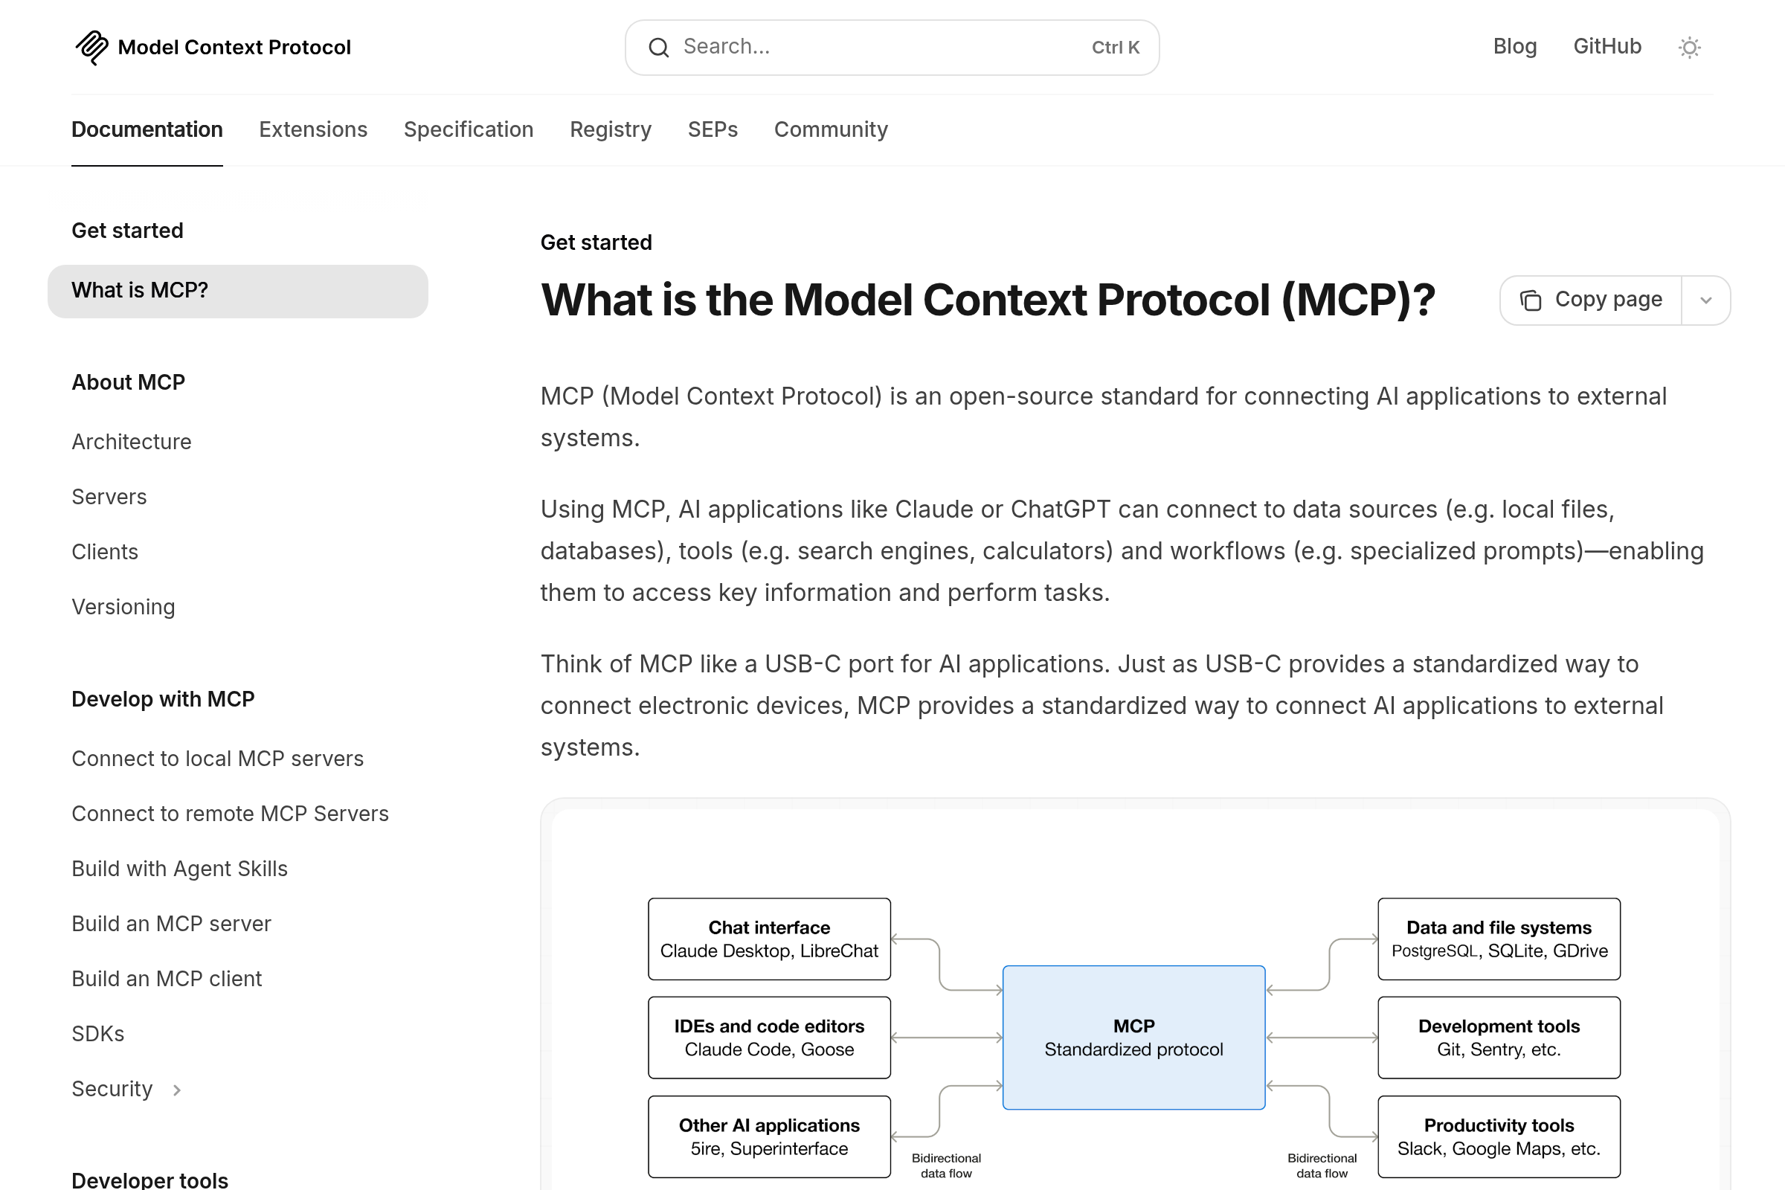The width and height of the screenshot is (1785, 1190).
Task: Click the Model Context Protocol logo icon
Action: pyautogui.click(x=91, y=47)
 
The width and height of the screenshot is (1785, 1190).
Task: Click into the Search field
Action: pyautogui.click(x=881, y=47)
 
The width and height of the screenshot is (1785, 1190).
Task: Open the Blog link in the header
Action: pyautogui.click(x=1514, y=47)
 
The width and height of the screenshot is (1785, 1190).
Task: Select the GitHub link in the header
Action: pyautogui.click(x=1606, y=47)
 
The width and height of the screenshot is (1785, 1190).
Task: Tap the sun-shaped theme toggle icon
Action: pyautogui.click(x=1688, y=48)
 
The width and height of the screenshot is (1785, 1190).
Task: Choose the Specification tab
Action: pyautogui.click(x=469, y=129)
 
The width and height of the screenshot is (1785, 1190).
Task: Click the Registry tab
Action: pyautogui.click(x=610, y=129)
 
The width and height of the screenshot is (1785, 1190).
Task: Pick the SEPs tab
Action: pyautogui.click(x=712, y=129)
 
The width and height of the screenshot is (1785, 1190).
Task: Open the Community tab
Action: pyautogui.click(x=830, y=129)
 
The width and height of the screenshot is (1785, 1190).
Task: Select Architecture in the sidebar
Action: pyautogui.click(x=132, y=442)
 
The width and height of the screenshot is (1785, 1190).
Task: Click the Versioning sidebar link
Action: pyautogui.click(x=123, y=607)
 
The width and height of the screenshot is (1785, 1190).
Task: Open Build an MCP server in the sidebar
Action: pyautogui.click(x=171, y=924)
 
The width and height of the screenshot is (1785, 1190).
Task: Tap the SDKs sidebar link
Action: pyautogui.click(x=98, y=1034)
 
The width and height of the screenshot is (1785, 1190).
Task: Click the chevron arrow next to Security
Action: pyautogui.click(x=177, y=1090)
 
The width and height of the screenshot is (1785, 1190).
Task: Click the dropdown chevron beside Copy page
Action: pyautogui.click(x=1705, y=300)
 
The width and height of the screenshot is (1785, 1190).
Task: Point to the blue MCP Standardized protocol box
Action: pyautogui.click(x=1133, y=1037)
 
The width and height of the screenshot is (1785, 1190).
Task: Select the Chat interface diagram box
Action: pyautogui.click(x=769, y=939)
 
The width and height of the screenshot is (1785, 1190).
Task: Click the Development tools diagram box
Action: pyautogui.click(x=1498, y=1037)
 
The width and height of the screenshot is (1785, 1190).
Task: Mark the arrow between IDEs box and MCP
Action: pyautogui.click(x=946, y=1038)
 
